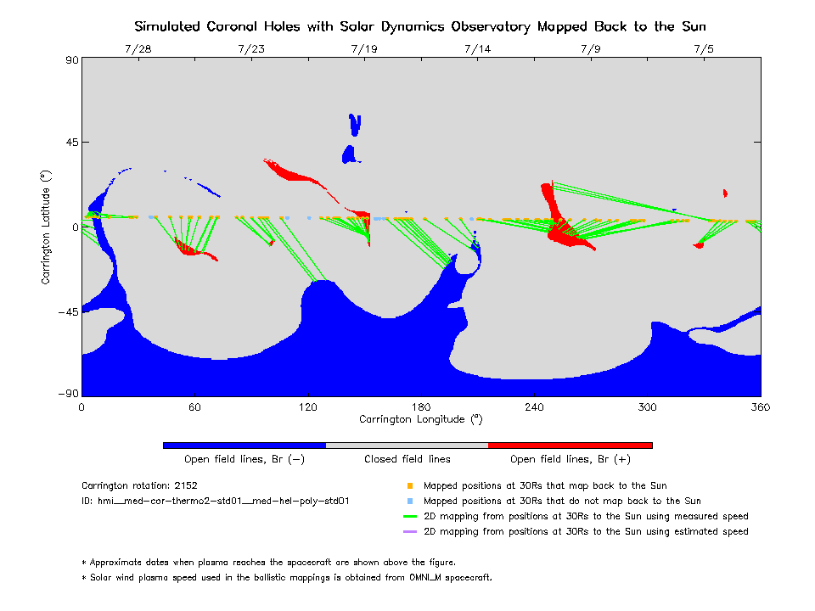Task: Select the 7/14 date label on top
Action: [477, 49]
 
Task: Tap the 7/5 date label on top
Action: [704, 49]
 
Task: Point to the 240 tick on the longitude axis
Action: [534, 406]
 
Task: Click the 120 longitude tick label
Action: [307, 406]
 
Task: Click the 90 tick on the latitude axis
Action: [70, 60]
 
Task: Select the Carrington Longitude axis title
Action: [420, 419]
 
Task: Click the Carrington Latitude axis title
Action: [46, 227]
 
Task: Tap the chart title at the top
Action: [420, 26]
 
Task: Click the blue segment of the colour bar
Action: [244, 445]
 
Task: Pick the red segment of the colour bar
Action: [570, 445]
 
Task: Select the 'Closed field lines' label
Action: [407, 459]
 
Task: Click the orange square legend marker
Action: [409, 486]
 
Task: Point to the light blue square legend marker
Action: [409, 502]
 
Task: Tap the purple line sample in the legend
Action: [409, 532]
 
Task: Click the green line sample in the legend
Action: [409, 517]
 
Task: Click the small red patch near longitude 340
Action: [725, 193]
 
